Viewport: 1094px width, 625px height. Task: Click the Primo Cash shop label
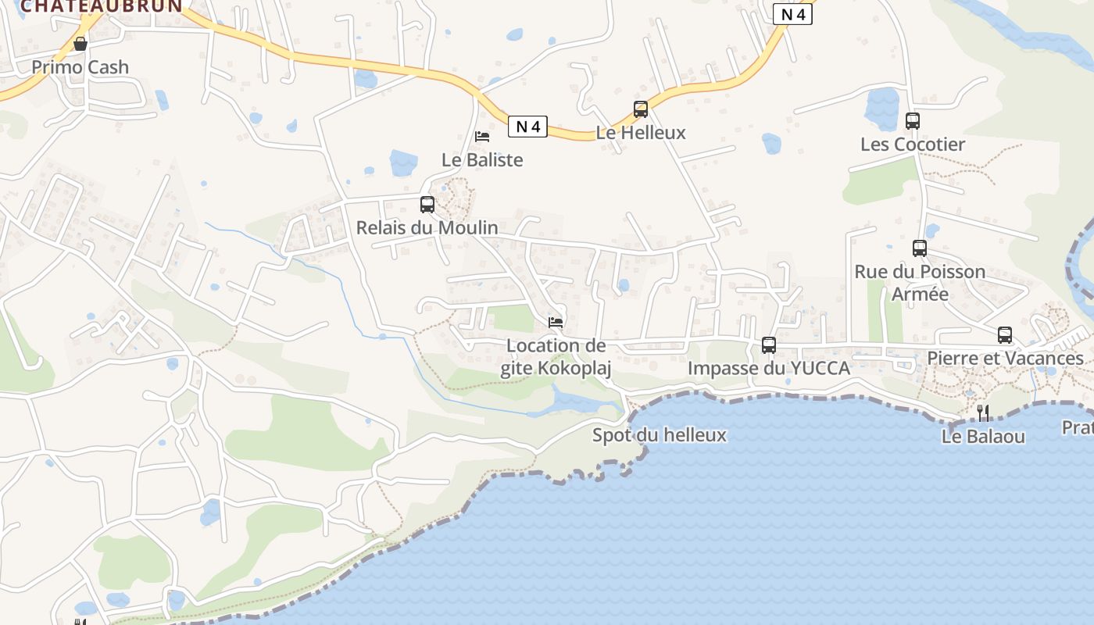click(80, 67)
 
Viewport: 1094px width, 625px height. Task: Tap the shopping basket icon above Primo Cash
click(80, 44)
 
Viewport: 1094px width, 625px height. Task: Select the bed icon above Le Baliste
click(482, 136)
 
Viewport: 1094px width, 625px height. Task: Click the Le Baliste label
click(482, 160)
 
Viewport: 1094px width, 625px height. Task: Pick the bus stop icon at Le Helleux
click(641, 109)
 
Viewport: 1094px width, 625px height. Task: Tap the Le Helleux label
click(641, 133)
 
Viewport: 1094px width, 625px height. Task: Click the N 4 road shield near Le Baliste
click(527, 126)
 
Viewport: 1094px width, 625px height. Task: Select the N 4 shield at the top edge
click(792, 13)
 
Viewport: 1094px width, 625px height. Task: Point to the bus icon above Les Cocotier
click(913, 121)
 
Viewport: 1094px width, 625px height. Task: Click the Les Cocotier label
click(913, 145)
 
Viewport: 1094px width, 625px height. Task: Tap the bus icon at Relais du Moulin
click(427, 205)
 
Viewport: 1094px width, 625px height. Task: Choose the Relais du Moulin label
click(427, 228)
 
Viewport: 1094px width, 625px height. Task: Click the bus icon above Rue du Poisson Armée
click(920, 248)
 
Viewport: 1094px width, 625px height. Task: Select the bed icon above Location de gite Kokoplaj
click(556, 321)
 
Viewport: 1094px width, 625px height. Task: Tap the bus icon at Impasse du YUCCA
click(769, 345)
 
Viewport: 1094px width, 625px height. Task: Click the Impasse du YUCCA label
click(769, 368)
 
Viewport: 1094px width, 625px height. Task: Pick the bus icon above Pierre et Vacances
click(1005, 335)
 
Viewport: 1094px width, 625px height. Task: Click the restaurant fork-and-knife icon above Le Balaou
click(983, 412)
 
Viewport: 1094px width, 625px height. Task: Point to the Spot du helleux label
click(660, 435)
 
